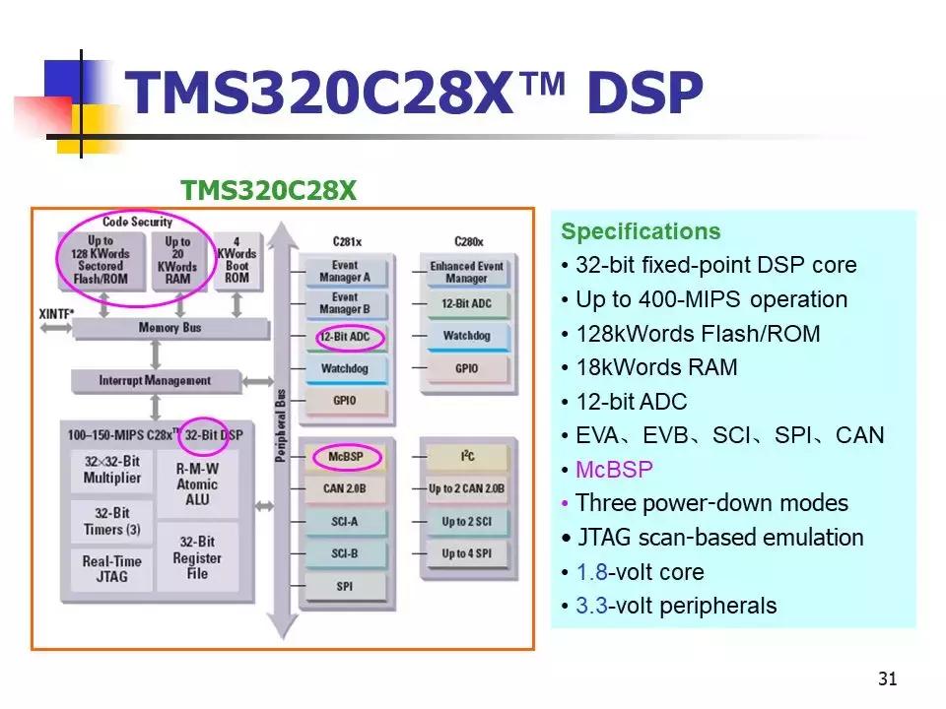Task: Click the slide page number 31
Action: tap(887, 678)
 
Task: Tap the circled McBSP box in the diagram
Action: tap(344, 457)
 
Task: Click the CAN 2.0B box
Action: tap(344, 487)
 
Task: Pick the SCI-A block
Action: tap(344, 522)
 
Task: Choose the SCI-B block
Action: tap(344, 554)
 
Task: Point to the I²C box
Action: tap(466, 457)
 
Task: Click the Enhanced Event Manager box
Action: tap(466, 272)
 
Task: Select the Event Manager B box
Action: tap(344, 303)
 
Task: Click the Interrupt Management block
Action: tap(155, 380)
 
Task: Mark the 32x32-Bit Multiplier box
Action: tap(111, 471)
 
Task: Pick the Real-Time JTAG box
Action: tap(111, 569)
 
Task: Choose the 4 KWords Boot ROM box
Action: tap(236, 260)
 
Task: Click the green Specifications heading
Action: tap(641, 232)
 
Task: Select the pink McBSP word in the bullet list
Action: tap(614, 470)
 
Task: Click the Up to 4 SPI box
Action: tap(466, 553)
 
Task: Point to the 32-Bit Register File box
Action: tap(197, 557)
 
